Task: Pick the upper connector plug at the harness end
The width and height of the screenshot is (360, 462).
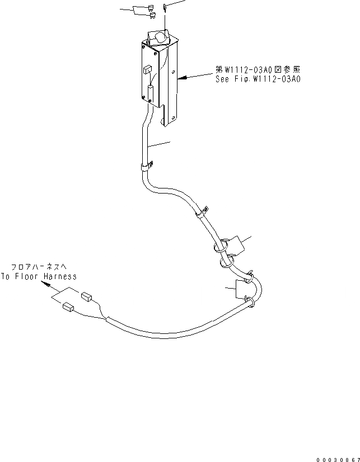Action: tap(86, 296)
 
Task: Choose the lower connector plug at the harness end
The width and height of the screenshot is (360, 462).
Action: tap(69, 306)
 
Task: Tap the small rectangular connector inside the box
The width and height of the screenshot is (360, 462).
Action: tap(147, 70)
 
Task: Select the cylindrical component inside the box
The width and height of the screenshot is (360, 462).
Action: tap(150, 93)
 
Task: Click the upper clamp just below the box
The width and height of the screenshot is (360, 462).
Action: tap(146, 166)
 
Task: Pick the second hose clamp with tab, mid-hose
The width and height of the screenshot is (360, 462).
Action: tap(201, 212)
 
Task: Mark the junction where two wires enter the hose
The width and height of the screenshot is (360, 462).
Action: tap(106, 319)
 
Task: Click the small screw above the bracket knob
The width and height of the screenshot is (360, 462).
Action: tap(165, 7)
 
